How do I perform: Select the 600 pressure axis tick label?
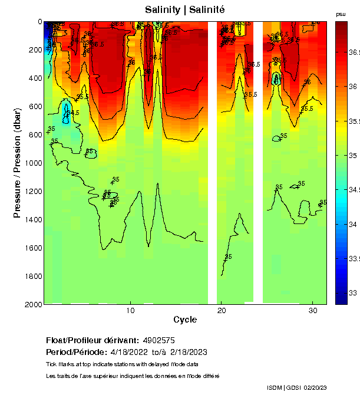click(35, 106)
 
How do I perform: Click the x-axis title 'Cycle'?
click(185, 320)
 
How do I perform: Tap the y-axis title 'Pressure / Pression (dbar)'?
click(17, 163)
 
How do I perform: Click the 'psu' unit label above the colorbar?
click(341, 14)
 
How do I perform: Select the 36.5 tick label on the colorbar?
click(355, 52)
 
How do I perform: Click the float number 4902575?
click(158, 340)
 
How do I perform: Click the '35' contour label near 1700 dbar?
click(229, 256)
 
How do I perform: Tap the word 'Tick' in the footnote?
click(52, 364)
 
